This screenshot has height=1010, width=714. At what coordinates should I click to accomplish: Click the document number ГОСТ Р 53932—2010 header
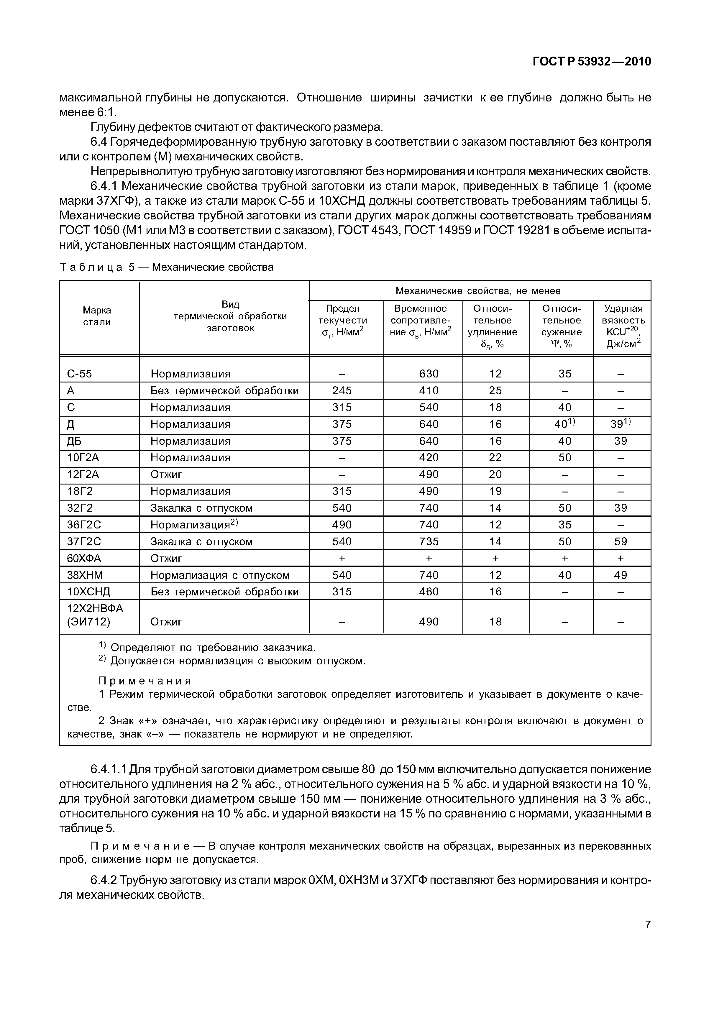coord(592,62)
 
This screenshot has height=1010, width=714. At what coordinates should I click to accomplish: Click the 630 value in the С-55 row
coord(429,374)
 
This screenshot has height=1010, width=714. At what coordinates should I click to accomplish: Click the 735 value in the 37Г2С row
coord(429,541)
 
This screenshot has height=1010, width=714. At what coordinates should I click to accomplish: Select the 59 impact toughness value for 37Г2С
coord(621,541)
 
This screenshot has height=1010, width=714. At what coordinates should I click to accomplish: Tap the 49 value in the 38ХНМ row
coord(621,575)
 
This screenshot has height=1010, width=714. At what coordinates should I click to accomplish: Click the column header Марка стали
coord(97,316)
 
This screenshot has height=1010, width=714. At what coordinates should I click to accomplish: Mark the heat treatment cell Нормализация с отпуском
coord(220,575)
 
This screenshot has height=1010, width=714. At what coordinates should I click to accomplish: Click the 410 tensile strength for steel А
coord(429,391)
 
